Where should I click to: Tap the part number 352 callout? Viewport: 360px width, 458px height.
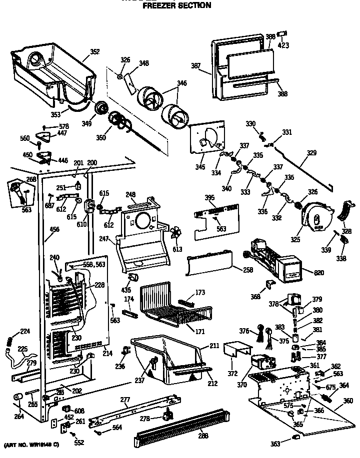tap(94, 51)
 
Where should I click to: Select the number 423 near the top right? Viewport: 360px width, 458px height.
tap(283, 45)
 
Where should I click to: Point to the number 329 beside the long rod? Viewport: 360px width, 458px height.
tap(311, 153)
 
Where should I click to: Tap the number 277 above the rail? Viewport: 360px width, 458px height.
tap(125, 400)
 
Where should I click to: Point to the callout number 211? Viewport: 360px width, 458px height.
tap(214, 345)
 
